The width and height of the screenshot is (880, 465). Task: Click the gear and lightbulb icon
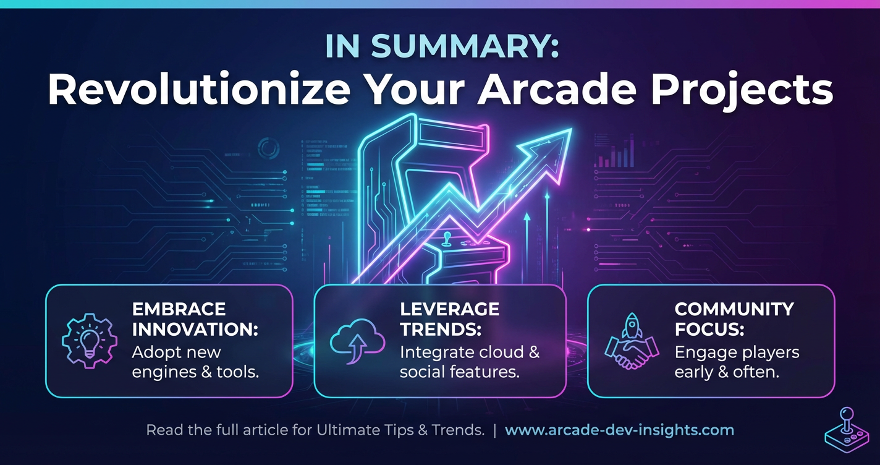[88, 340]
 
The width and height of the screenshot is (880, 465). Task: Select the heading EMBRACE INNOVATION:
[194, 318]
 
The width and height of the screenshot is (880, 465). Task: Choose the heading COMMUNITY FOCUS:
[734, 318]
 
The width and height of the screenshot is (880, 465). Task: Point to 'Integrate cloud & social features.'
[470, 362]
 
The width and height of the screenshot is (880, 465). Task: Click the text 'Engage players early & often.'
[737, 362]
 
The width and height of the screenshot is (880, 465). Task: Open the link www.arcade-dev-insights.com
[619, 430]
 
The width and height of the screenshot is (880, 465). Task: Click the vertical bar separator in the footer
[494, 430]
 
